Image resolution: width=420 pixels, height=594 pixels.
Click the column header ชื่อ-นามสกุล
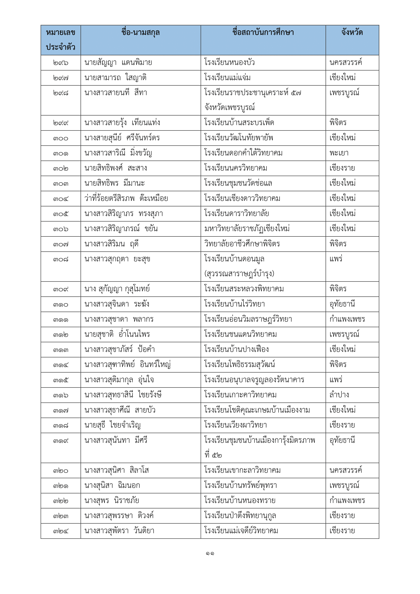pyautogui.click(x=140, y=33)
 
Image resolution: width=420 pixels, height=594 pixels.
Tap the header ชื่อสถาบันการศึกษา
pyautogui.click(x=263, y=33)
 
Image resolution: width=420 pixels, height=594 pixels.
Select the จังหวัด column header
pyautogui.click(x=352, y=33)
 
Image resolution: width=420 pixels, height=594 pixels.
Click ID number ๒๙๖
pyautogui.click(x=60, y=63)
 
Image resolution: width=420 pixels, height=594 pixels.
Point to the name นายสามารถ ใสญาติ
pyautogui.click(x=115, y=78)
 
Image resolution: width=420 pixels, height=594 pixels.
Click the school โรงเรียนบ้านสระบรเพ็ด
pyautogui.click(x=239, y=123)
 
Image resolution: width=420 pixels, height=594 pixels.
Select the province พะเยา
pyautogui.click(x=339, y=153)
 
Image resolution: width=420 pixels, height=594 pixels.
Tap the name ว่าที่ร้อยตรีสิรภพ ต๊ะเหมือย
pyautogui.click(x=126, y=198)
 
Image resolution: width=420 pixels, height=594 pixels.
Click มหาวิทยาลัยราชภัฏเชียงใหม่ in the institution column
pyautogui.click(x=247, y=229)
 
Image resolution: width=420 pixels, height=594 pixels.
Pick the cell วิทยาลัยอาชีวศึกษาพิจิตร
pyautogui.click(x=242, y=244)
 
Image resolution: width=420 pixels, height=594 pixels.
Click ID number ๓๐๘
pyautogui.click(x=60, y=260)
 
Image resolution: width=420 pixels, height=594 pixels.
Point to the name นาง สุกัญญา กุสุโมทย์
pyautogui.click(x=117, y=289)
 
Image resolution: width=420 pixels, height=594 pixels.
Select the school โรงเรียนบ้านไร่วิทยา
pyautogui.click(x=234, y=304)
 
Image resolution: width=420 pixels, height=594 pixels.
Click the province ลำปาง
pyautogui.click(x=339, y=395)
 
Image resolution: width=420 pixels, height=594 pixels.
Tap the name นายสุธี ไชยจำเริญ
pyautogui.click(x=112, y=425)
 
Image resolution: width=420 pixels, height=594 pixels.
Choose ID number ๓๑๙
pyautogui.click(x=60, y=441)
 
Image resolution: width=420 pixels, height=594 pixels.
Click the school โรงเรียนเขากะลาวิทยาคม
pyautogui.click(x=242, y=470)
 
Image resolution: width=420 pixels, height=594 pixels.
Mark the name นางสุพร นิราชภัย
pyautogui.click(x=112, y=501)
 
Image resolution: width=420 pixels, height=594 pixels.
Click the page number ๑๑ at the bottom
pyautogui.click(x=210, y=554)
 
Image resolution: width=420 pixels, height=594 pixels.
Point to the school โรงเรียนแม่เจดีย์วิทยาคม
pyautogui.click(x=241, y=531)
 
